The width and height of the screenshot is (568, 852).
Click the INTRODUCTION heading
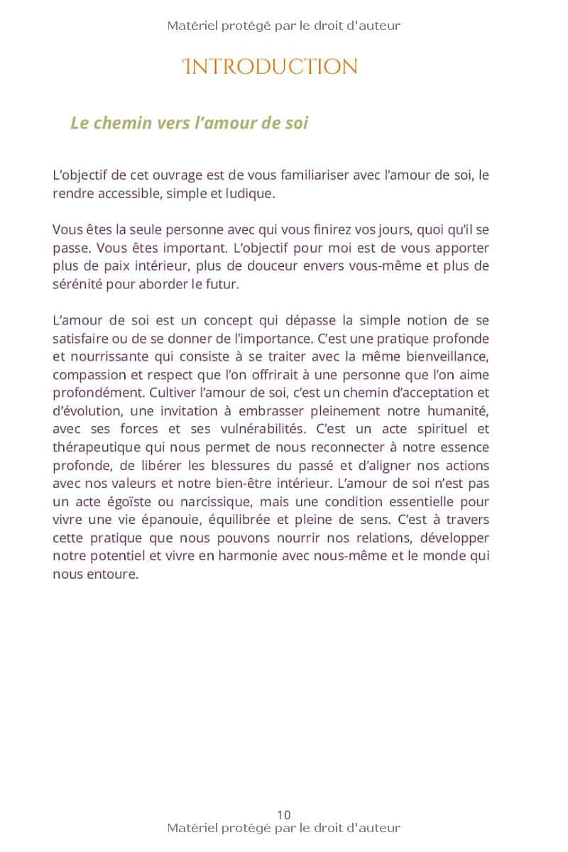coord(270,67)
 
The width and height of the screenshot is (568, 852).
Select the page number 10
coord(284,814)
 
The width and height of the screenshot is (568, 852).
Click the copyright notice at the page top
coord(284,26)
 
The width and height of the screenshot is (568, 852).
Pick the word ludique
coord(248,193)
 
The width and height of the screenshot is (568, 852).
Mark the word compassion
coord(88,375)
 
